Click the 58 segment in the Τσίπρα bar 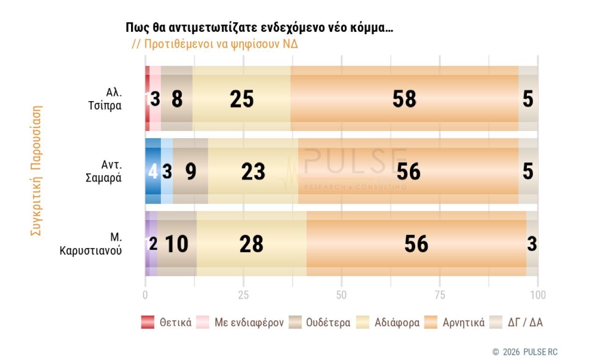pyautogui.click(x=404, y=99)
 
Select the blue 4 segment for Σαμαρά pyautogui.click(x=153, y=171)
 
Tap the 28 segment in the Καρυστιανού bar pyautogui.click(x=251, y=244)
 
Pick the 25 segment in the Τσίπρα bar pyautogui.click(x=241, y=99)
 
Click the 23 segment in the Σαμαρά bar pyautogui.click(x=253, y=171)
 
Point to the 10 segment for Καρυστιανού pyautogui.click(x=177, y=244)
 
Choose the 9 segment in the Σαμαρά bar pyautogui.click(x=190, y=171)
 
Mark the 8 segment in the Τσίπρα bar pyautogui.click(x=177, y=99)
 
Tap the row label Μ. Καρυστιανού pyautogui.click(x=91, y=244)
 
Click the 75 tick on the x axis pyautogui.click(x=440, y=295)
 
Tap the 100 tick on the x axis pyautogui.click(x=538, y=295)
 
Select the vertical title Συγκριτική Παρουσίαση pyautogui.click(x=36, y=171)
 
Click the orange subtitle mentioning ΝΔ pyautogui.click(x=215, y=44)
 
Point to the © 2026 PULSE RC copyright pyautogui.click(x=525, y=352)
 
